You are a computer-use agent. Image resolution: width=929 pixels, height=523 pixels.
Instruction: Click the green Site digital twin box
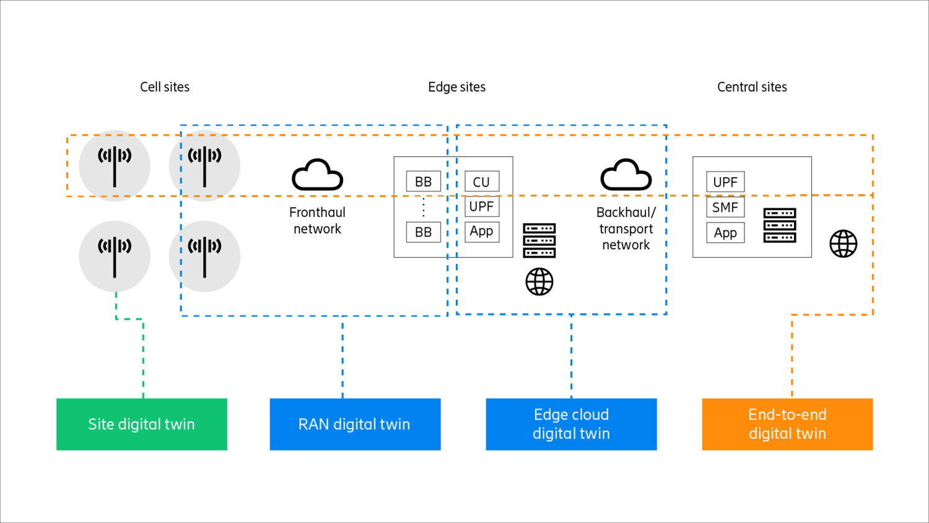[142, 424]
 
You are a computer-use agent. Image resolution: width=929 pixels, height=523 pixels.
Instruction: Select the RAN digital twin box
[355, 424]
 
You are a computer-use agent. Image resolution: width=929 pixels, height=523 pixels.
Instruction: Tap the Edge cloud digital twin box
[571, 424]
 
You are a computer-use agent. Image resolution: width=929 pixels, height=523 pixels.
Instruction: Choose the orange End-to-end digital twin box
[787, 424]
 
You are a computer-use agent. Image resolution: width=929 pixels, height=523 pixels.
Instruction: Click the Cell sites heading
[165, 87]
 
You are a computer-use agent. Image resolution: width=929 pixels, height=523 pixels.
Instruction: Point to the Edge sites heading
[456, 87]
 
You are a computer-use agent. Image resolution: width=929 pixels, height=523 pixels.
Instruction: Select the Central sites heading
[752, 87]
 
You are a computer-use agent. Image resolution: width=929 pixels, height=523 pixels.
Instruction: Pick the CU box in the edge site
[482, 182]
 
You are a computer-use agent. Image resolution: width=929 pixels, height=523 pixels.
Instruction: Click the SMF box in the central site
[725, 208]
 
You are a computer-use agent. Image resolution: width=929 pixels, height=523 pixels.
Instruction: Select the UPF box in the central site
[725, 182]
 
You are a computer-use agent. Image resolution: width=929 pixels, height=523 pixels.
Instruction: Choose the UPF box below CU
[482, 206]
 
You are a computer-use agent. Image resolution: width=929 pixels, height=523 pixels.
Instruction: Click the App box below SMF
[725, 233]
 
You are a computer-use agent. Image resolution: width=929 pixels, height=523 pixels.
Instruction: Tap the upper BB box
[424, 182]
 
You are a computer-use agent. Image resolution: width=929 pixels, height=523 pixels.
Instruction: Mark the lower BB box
[424, 232]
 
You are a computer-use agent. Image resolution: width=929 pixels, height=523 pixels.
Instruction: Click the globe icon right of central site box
[843, 244]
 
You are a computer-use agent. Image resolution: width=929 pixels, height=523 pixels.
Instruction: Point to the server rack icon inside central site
[780, 226]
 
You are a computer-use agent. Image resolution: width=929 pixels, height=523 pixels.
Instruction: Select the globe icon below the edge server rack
[539, 282]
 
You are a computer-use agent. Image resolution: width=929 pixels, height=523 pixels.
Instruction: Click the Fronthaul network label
[317, 221]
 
